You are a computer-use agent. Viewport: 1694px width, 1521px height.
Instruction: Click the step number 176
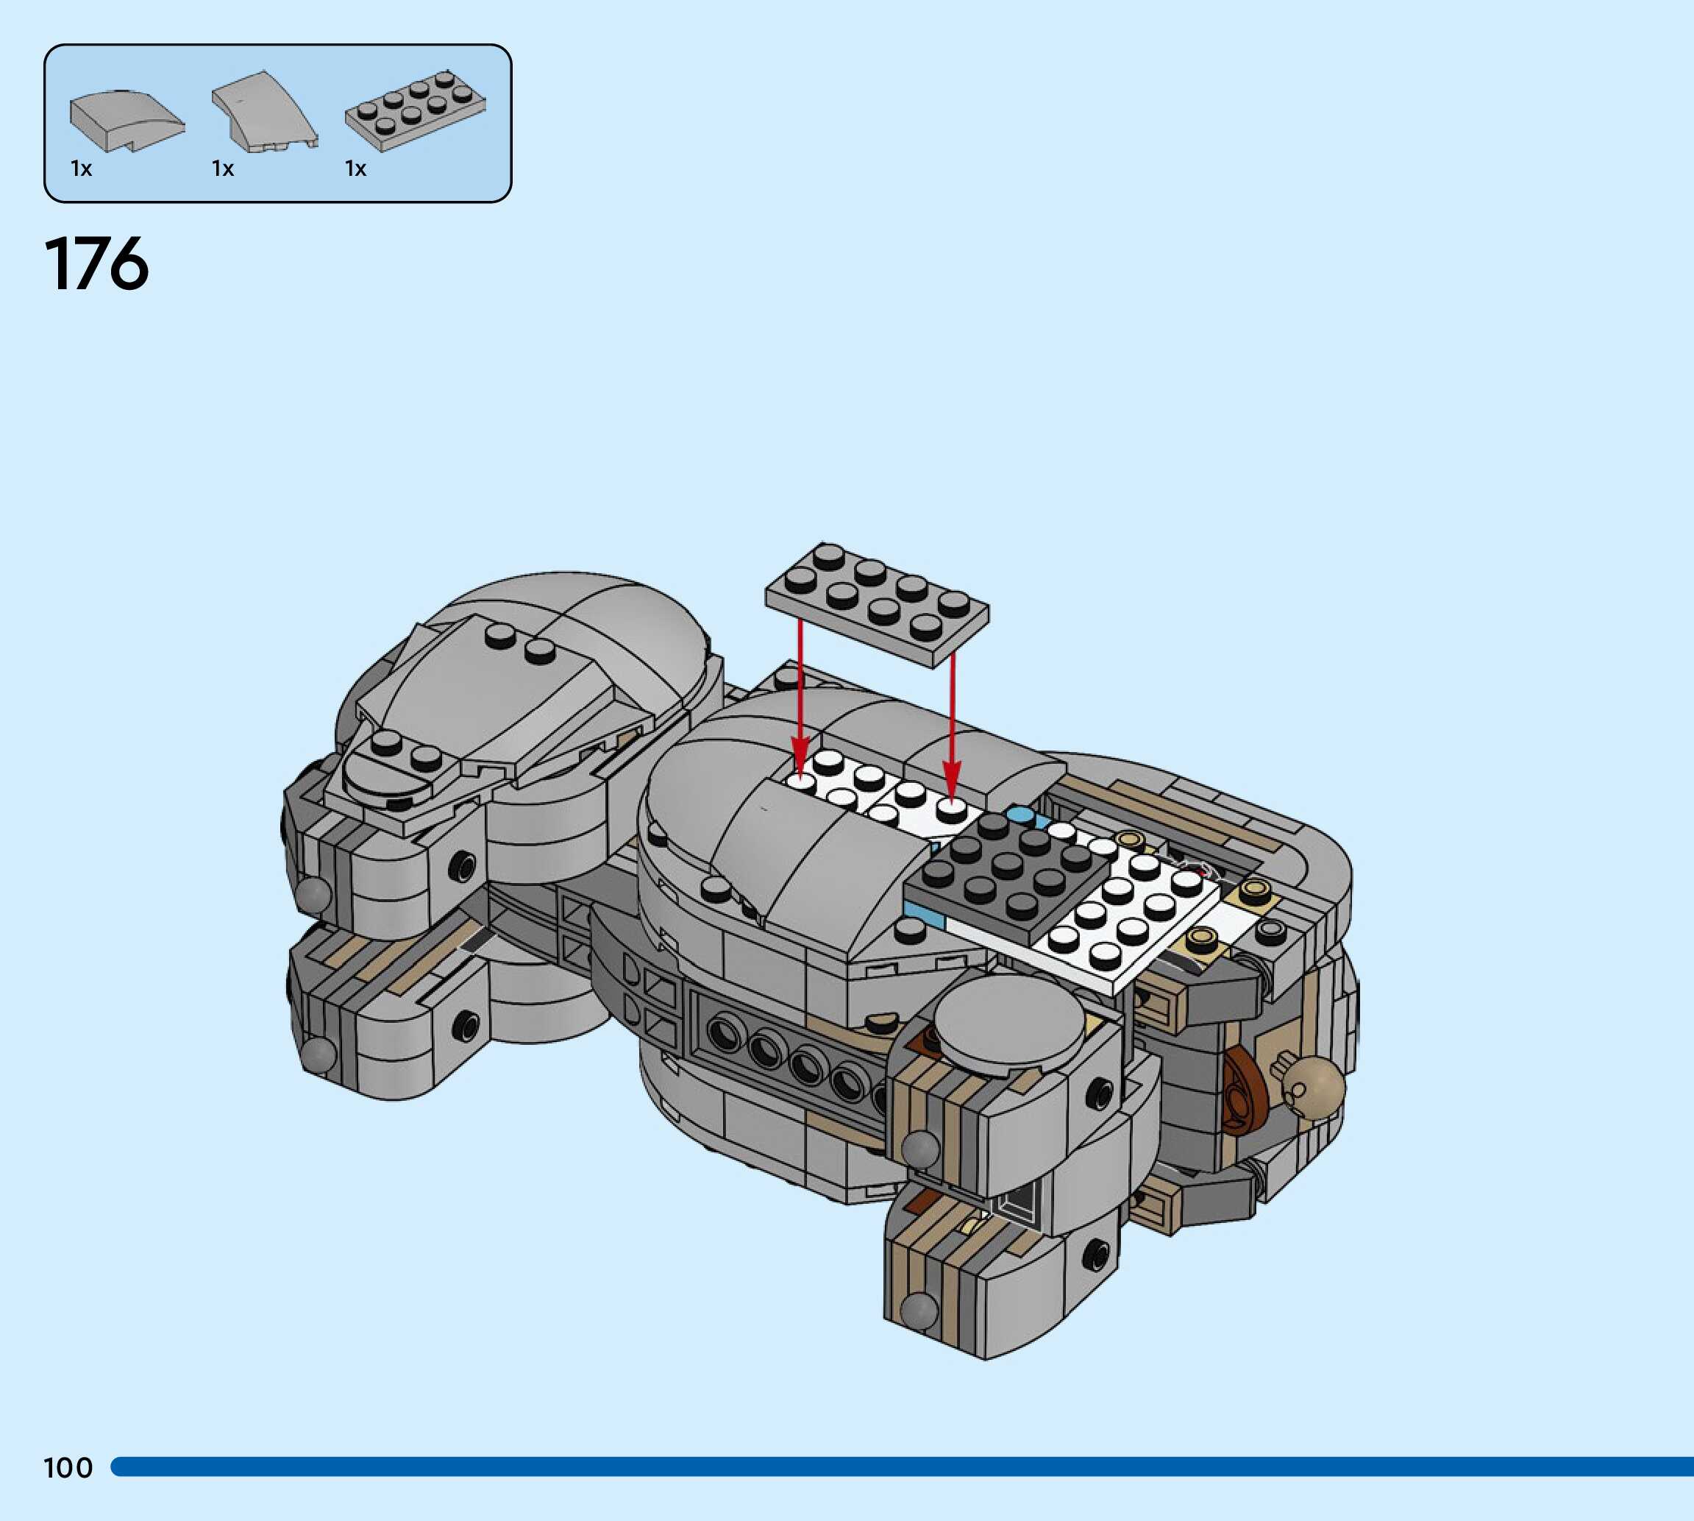pyautogui.click(x=97, y=264)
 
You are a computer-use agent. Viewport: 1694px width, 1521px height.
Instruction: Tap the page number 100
pyautogui.click(x=68, y=1467)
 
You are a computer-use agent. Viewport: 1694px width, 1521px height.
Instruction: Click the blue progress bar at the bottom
pyautogui.click(x=902, y=1467)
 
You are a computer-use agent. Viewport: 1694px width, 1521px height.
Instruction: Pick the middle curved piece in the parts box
pyautogui.click(x=265, y=112)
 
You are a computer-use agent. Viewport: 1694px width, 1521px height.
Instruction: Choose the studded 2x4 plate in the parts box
pyautogui.click(x=415, y=111)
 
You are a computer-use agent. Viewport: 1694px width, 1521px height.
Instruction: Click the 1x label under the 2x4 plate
pyautogui.click(x=356, y=169)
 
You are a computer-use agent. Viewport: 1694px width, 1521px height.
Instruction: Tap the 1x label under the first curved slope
pyautogui.click(x=81, y=169)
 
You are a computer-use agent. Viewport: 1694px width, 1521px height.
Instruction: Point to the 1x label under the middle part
pyautogui.click(x=223, y=169)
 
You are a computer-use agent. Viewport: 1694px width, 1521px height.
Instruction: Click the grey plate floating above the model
pyautogui.click(x=876, y=603)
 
